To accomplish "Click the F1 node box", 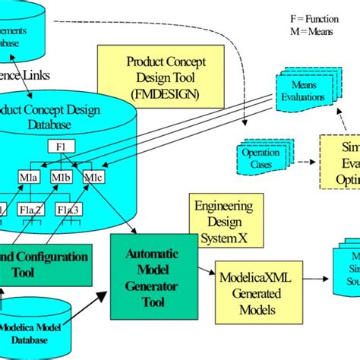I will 62,146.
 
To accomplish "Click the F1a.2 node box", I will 31,209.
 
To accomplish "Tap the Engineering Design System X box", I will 226,220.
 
